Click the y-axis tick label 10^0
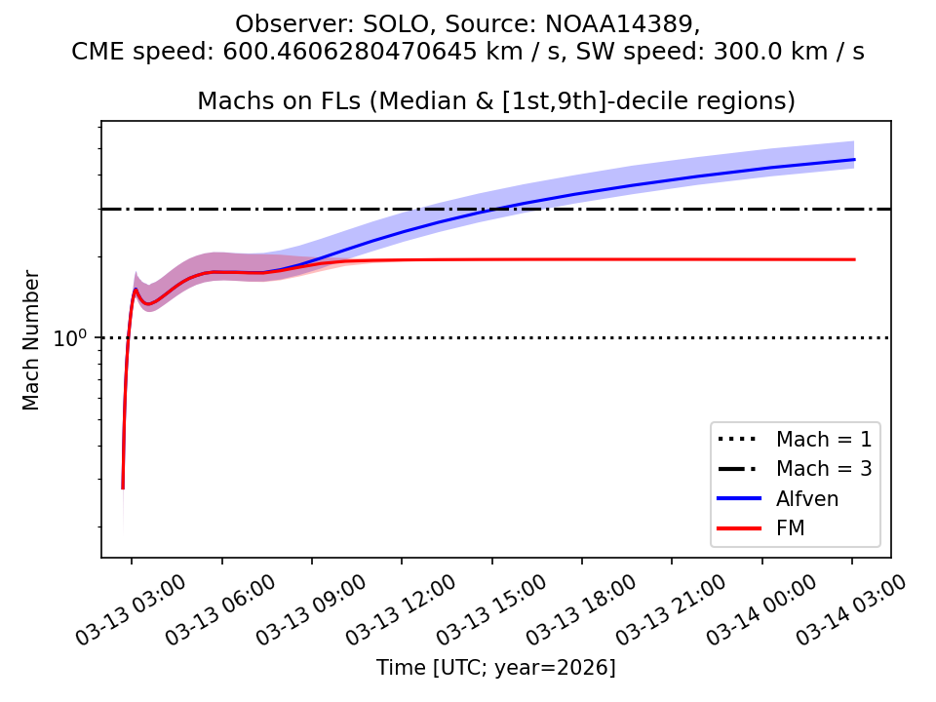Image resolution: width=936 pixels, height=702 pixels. click(72, 339)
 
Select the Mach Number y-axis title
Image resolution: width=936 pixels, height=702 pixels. click(32, 340)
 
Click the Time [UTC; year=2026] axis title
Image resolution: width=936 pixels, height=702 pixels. click(495, 668)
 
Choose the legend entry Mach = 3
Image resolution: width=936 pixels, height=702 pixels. click(823, 468)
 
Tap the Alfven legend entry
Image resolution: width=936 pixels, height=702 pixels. click(807, 499)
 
